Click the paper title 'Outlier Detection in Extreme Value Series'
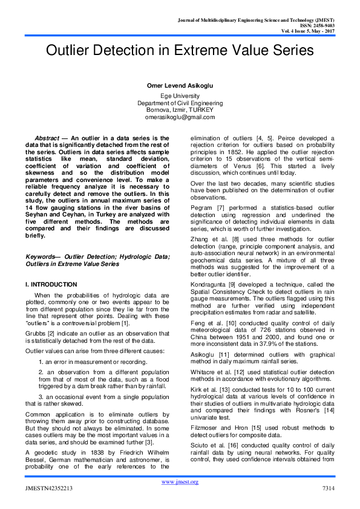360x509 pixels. (180, 53)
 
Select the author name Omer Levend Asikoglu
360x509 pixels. (180, 86)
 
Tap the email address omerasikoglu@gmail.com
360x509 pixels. (180, 118)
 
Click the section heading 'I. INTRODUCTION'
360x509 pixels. (51, 284)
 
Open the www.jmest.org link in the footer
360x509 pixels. (180, 482)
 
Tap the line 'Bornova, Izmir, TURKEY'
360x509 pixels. (180, 111)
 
